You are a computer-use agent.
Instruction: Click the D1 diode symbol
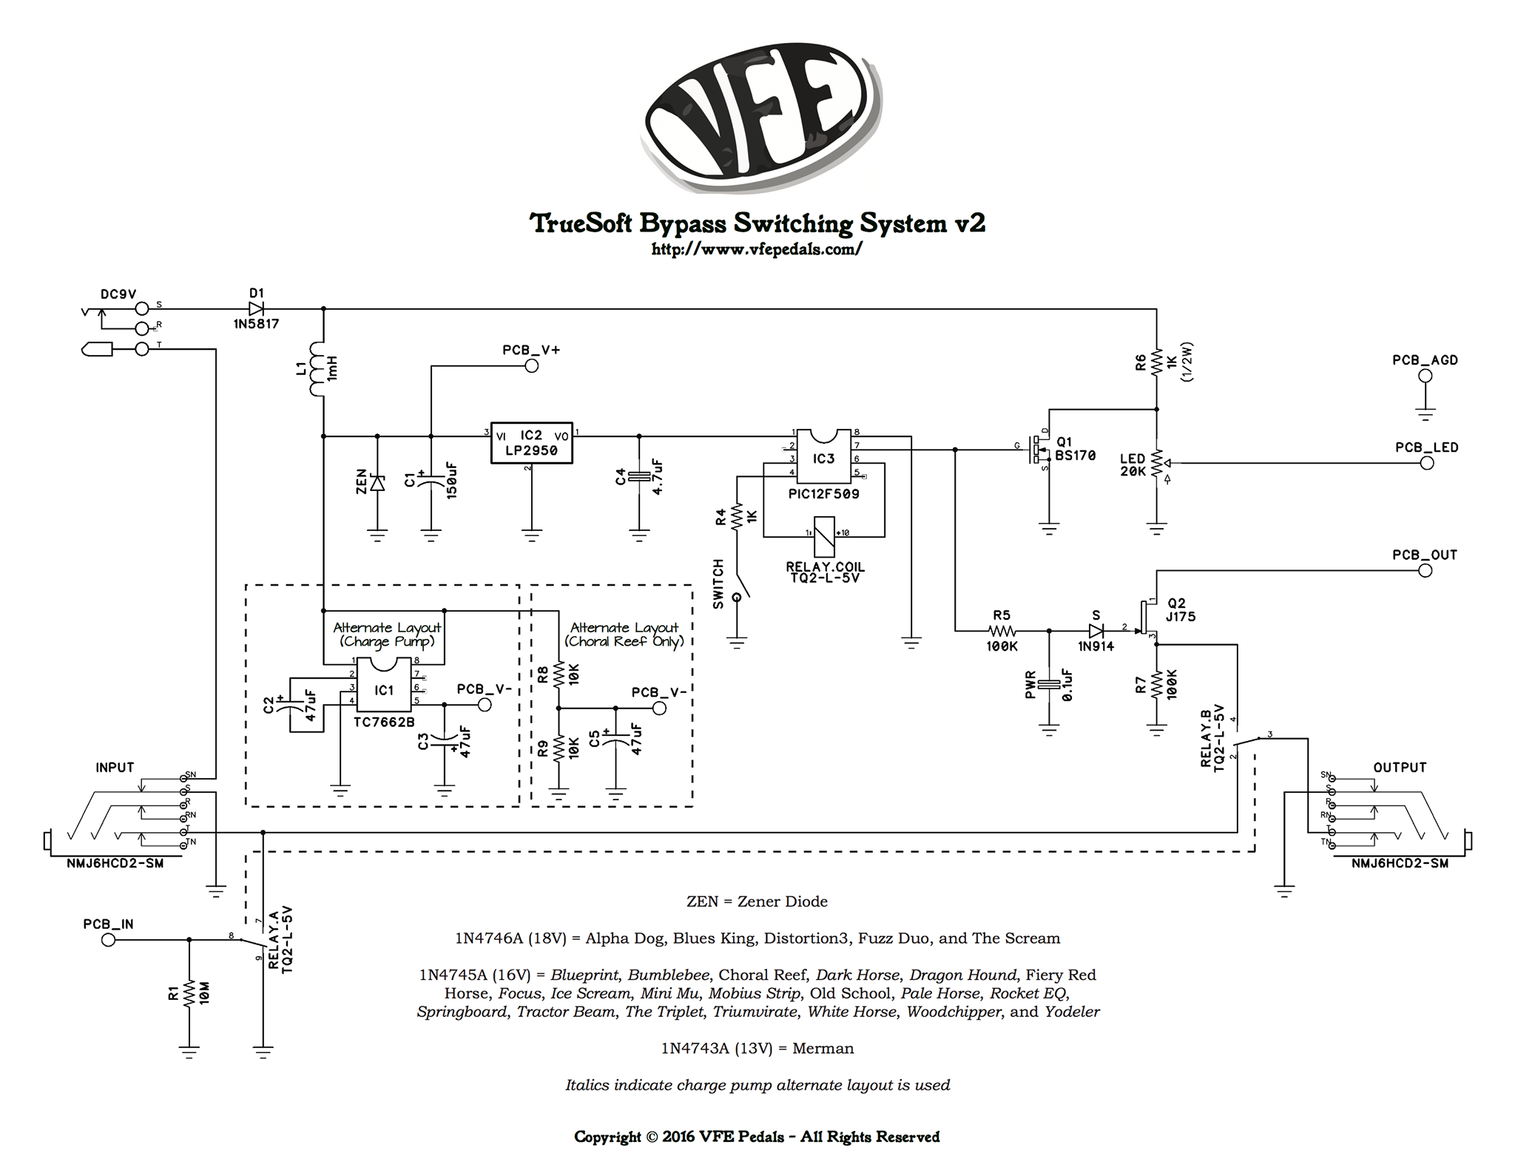(256, 308)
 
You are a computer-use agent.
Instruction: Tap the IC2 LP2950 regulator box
(531, 443)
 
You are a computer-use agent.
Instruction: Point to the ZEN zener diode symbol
(377, 483)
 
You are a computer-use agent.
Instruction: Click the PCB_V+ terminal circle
(531, 365)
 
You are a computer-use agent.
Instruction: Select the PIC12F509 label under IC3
(823, 493)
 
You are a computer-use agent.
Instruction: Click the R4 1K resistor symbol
(737, 517)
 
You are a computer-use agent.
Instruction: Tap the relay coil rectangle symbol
(823, 536)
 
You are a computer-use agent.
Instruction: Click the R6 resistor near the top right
(1156, 362)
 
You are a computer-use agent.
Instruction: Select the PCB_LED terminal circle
(1427, 464)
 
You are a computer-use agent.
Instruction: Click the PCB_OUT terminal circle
(1425, 570)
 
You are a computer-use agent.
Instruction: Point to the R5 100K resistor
(1002, 631)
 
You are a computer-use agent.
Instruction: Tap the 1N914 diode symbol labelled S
(1096, 631)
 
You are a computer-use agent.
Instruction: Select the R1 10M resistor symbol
(189, 993)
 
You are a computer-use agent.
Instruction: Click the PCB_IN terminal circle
(109, 940)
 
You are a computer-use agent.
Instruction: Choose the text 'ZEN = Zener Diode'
(757, 902)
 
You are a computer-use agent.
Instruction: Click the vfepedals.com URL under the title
(757, 250)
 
